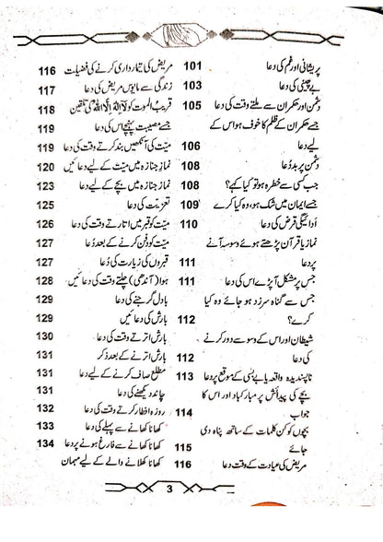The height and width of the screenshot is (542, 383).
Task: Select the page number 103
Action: coord(191,85)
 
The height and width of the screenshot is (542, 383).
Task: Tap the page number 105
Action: coord(191,105)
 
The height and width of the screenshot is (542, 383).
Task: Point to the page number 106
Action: coord(191,146)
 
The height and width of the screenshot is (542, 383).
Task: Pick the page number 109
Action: coord(191,204)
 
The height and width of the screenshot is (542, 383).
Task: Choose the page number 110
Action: coord(191,224)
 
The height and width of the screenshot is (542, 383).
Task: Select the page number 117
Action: coord(48,89)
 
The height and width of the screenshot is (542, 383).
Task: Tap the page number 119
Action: coord(48,128)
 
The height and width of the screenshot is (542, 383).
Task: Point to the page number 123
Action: coord(48,185)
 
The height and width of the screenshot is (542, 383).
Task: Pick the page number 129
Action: coord(48,300)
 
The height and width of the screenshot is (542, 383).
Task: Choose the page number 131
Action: coord(48,358)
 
